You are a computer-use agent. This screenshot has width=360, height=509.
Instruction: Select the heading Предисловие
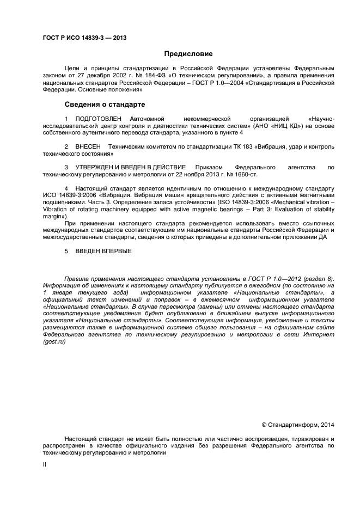click(188, 54)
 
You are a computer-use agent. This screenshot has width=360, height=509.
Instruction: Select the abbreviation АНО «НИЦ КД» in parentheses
click(262, 125)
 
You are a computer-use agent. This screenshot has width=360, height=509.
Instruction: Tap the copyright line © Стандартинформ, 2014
click(298, 425)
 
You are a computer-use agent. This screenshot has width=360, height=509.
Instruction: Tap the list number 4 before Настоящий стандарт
click(66, 187)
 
